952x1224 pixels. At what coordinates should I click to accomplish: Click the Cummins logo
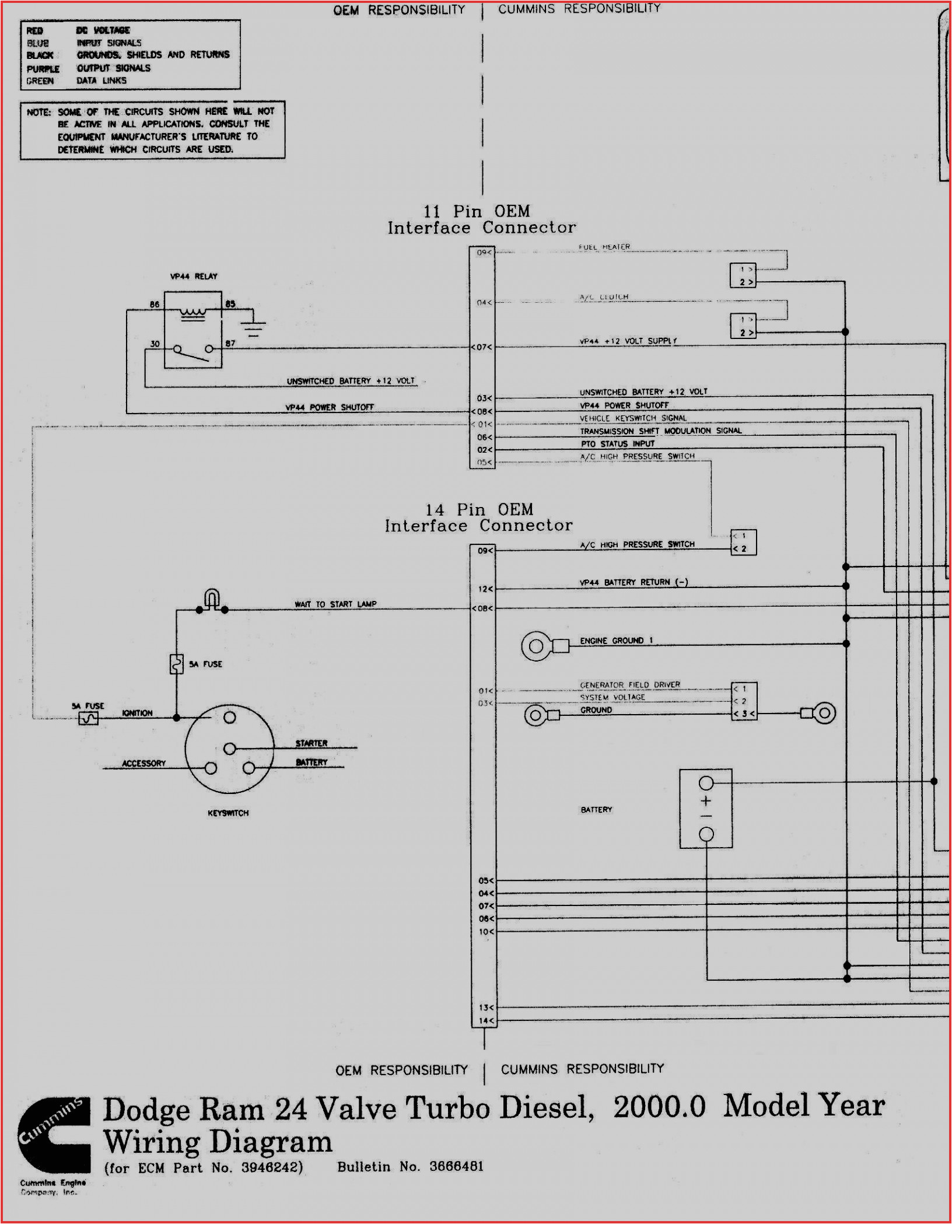(54, 1135)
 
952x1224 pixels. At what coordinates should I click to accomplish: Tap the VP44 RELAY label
(194, 277)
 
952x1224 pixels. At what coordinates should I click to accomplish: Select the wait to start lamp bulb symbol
(212, 599)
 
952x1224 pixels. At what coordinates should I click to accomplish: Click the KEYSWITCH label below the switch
(228, 813)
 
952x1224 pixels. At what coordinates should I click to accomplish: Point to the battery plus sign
(706, 801)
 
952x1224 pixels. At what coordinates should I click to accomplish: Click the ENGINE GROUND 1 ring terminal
(536, 646)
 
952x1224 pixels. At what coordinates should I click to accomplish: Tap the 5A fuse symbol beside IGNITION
(89, 718)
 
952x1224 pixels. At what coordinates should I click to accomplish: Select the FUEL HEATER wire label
(604, 247)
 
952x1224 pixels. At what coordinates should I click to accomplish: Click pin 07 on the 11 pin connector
(482, 347)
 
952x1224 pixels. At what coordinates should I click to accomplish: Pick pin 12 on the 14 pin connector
(485, 589)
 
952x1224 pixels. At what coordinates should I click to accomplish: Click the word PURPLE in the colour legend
(43, 69)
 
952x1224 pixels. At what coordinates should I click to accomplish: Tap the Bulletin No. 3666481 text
(410, 1167)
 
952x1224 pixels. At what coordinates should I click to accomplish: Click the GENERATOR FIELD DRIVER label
(629, 685)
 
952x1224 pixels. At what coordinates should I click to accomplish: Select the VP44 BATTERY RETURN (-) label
(633, 582)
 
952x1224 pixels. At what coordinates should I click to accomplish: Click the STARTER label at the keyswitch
(311, 743)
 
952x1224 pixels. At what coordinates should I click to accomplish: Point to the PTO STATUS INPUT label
(617, 444)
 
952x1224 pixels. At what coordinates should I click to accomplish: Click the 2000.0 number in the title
(659, 1107)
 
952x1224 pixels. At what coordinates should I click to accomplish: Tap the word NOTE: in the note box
(38, 112)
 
